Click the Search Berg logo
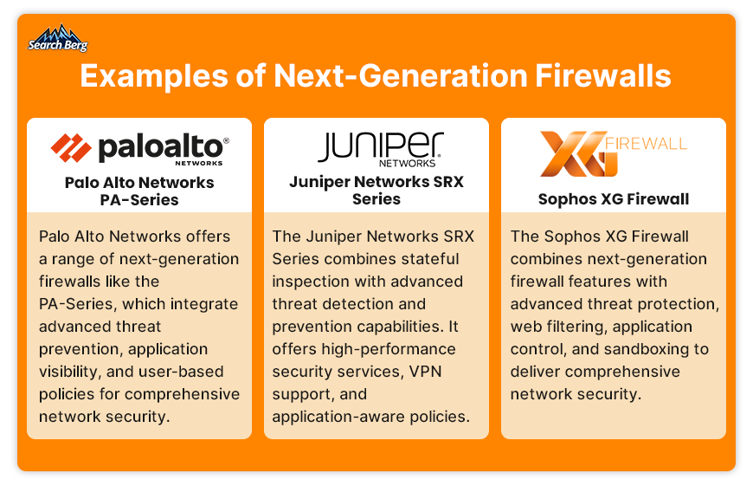point(58,38)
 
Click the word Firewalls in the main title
point(602,76)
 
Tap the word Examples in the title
point(154,77)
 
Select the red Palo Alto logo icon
point(71,147)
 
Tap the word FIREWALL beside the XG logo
point(646,144)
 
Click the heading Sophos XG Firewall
point(614,199)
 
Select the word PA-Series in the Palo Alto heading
point(139,200)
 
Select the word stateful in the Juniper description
point(430,259)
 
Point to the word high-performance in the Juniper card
point(389,349)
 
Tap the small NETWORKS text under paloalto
point(199,163)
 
